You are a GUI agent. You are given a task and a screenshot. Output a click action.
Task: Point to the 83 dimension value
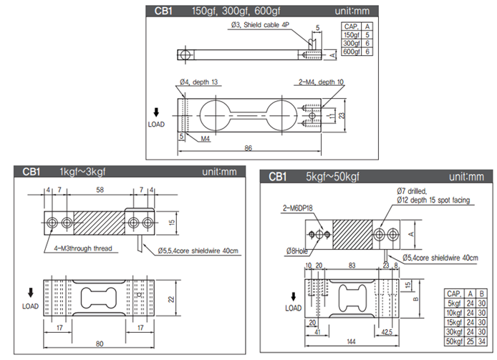pyautogui.click(x=352, y=265)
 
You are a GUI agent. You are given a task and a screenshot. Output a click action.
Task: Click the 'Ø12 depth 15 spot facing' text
pyautogui.click(x=433, y=200)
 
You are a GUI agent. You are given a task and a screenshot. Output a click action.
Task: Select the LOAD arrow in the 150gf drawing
pyautogui.click(x=156, y=113)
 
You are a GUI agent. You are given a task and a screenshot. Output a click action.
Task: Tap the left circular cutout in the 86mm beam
pyautogui.click(x=213, y=115)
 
